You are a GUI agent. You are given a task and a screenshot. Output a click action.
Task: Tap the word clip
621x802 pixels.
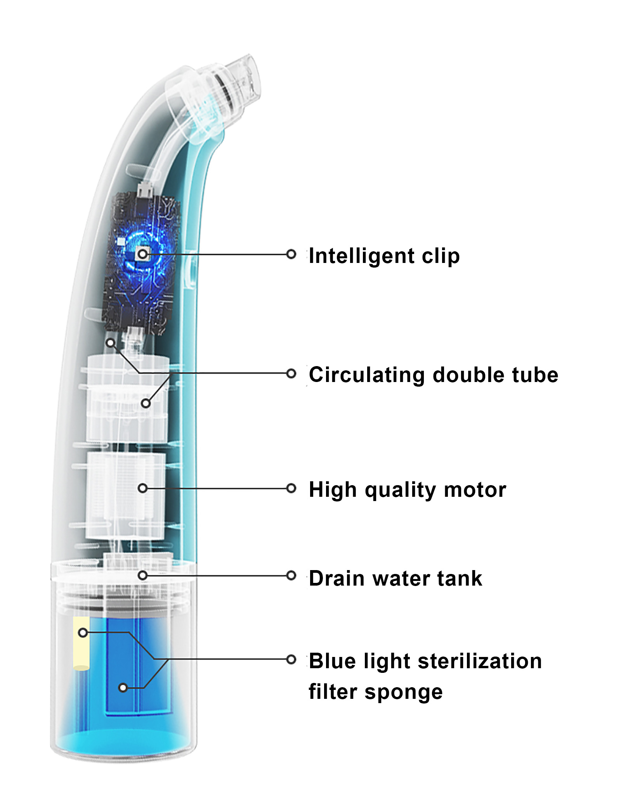pos(441,256)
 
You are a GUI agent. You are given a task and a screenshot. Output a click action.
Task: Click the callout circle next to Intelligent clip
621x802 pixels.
pos(291,254)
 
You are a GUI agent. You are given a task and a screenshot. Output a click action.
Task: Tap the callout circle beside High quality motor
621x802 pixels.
pos(291,488)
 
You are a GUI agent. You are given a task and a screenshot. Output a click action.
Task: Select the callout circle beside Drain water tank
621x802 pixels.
pos(291,576)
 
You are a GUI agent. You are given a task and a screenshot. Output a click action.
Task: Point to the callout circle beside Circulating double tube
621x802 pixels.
pos(291,373)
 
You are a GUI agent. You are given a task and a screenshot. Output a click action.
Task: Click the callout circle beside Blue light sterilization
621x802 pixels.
pos(291,659)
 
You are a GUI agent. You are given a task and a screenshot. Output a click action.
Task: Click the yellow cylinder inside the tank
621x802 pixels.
pos(82,643)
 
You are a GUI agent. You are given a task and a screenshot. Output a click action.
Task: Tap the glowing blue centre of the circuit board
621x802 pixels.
pos(143,254)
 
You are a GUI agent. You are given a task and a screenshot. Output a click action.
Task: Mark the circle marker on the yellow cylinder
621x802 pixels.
pos(83,633)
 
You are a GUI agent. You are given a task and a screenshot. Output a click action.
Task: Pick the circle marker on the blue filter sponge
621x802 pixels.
pos(123,688)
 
